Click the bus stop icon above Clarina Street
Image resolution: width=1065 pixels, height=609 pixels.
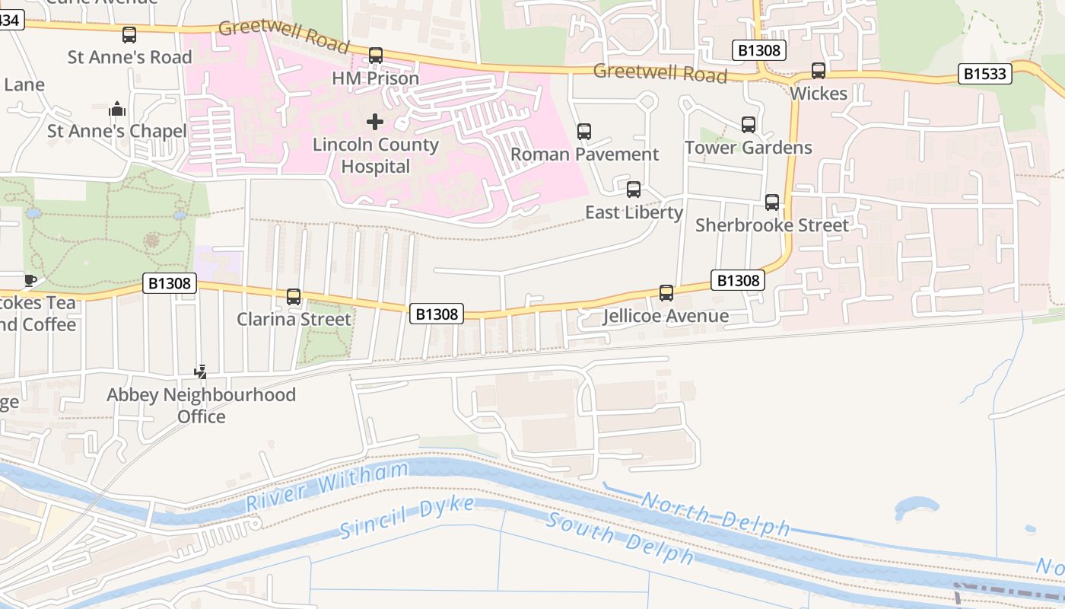point(294,297)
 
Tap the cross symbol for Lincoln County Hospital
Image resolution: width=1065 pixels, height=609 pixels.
point(374,122)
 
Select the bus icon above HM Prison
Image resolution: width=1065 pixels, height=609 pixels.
point(376,56)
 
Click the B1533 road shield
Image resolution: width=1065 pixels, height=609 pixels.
point(985,74)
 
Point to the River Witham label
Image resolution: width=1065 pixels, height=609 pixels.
point(327,486)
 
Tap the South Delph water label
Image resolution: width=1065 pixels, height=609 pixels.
point(620,539)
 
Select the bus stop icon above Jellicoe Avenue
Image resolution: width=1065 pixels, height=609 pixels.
point(666,293)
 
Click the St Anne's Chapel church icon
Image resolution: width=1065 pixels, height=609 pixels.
point(116,109)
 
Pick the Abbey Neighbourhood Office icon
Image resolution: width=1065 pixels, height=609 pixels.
point(201,372)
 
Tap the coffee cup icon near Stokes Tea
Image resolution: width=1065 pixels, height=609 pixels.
point(30,280)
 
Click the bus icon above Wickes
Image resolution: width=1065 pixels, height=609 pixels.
point(819,71)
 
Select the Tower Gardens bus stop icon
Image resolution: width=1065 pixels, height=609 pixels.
point(749,125)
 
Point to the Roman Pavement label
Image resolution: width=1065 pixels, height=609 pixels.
point(584,155)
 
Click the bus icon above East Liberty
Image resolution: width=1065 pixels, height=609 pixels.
point(633,190)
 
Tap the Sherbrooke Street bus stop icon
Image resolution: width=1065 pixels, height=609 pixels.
point(772,202)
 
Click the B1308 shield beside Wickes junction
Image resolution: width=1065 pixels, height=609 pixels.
point(758,51)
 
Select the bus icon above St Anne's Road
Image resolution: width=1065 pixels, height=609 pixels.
point(129,34)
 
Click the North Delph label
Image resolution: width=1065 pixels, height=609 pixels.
point(715,514)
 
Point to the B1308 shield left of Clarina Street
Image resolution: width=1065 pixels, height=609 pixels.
point(170,284)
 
